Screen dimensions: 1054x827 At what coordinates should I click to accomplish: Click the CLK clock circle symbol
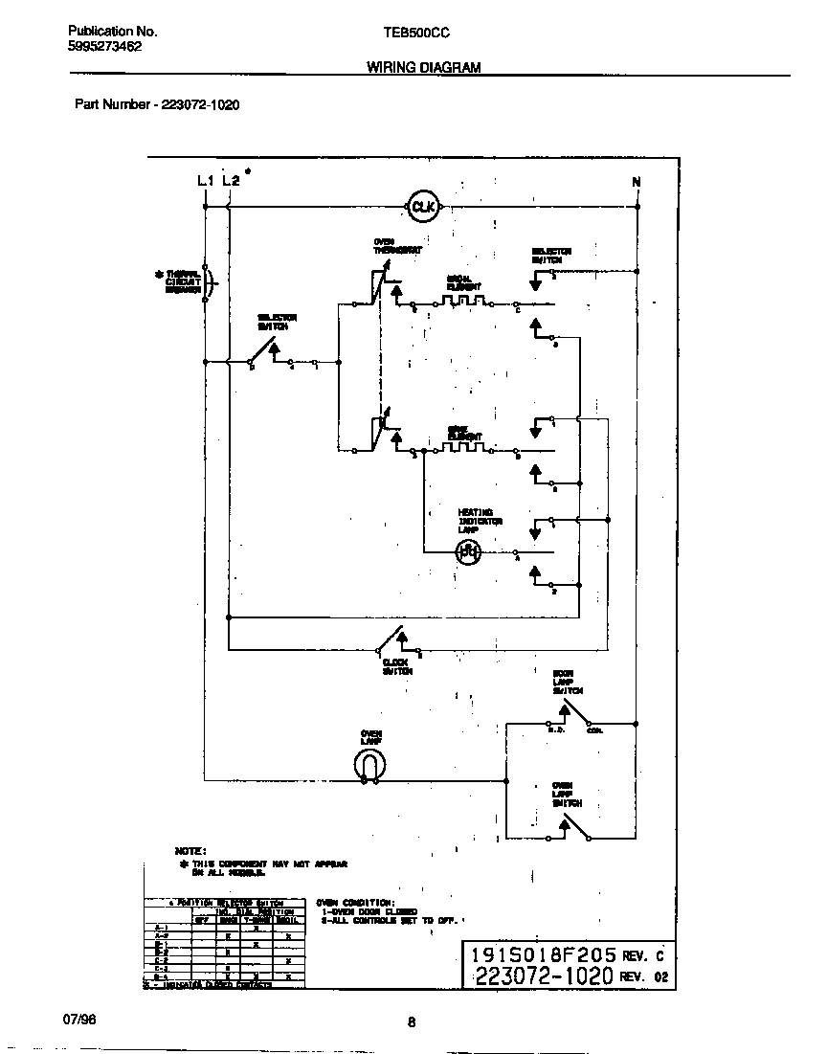[422, 206]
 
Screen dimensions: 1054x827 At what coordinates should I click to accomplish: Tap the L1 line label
[204, 181]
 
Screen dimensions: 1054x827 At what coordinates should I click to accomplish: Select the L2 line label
[230, 181]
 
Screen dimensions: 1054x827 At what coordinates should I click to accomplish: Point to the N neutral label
[637, 182]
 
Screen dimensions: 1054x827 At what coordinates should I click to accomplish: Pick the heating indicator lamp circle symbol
[467, 551]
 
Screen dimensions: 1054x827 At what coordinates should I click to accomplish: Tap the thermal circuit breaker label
[183, 281]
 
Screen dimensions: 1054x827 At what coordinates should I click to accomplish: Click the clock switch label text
[396, 666]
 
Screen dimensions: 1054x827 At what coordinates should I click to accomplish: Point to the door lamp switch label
[567, 681]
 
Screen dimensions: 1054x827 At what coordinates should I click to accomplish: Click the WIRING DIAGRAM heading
[423, 68]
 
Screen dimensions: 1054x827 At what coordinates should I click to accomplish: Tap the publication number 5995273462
[105, 46]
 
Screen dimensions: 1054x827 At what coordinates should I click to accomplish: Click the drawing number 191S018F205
[542, 954]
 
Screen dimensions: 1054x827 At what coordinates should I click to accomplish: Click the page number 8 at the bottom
[412, 1021]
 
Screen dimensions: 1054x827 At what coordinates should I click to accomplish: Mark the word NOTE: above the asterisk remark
[190, 850]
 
